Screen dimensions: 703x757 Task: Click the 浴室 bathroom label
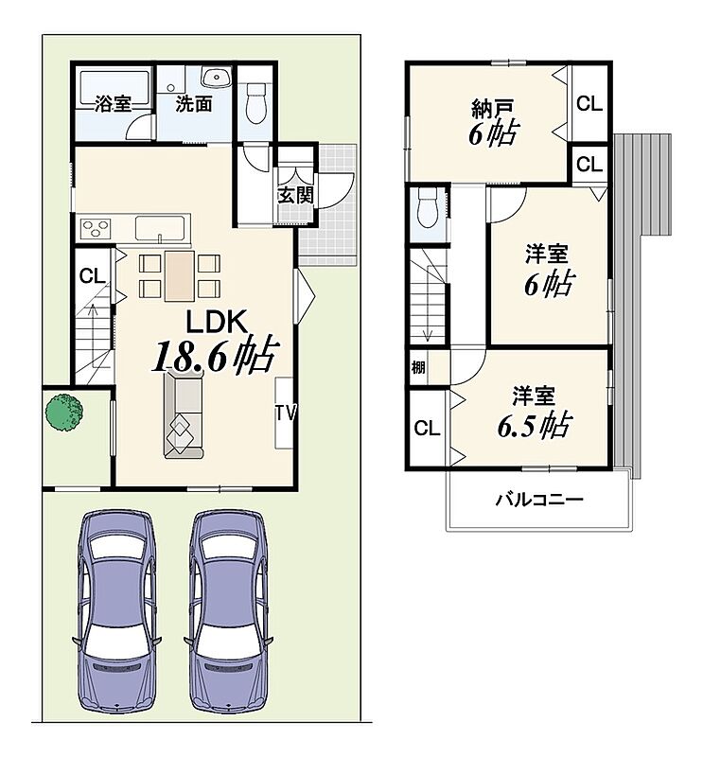click(x=113, y=104)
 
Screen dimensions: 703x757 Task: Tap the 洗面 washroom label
click(x=194, y=104)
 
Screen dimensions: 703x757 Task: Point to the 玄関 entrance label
click(x=295, y=195)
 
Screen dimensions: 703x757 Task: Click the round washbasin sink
click(x=217, y=78)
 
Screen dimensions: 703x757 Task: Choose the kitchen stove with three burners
click(x=97, y=228)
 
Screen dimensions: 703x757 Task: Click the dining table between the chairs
click(x=180, y=275)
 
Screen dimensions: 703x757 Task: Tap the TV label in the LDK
click(x=286, y=414)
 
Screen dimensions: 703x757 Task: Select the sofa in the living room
click(x=183, y=414)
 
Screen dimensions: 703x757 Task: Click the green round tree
click(x=64, y=412)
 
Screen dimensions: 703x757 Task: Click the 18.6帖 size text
click(x=216, y=356)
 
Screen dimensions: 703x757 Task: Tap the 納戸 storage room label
click(x=492, y=109)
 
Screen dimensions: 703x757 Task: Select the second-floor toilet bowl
click(x=427, y=208)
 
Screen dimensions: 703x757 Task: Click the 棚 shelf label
click(x=418, y=367)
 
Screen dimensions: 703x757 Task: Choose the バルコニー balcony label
click(x=539, y=500)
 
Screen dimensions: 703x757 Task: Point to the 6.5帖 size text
click(x=534, y=425)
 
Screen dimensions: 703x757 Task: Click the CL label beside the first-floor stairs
click(x=92, y=276)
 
